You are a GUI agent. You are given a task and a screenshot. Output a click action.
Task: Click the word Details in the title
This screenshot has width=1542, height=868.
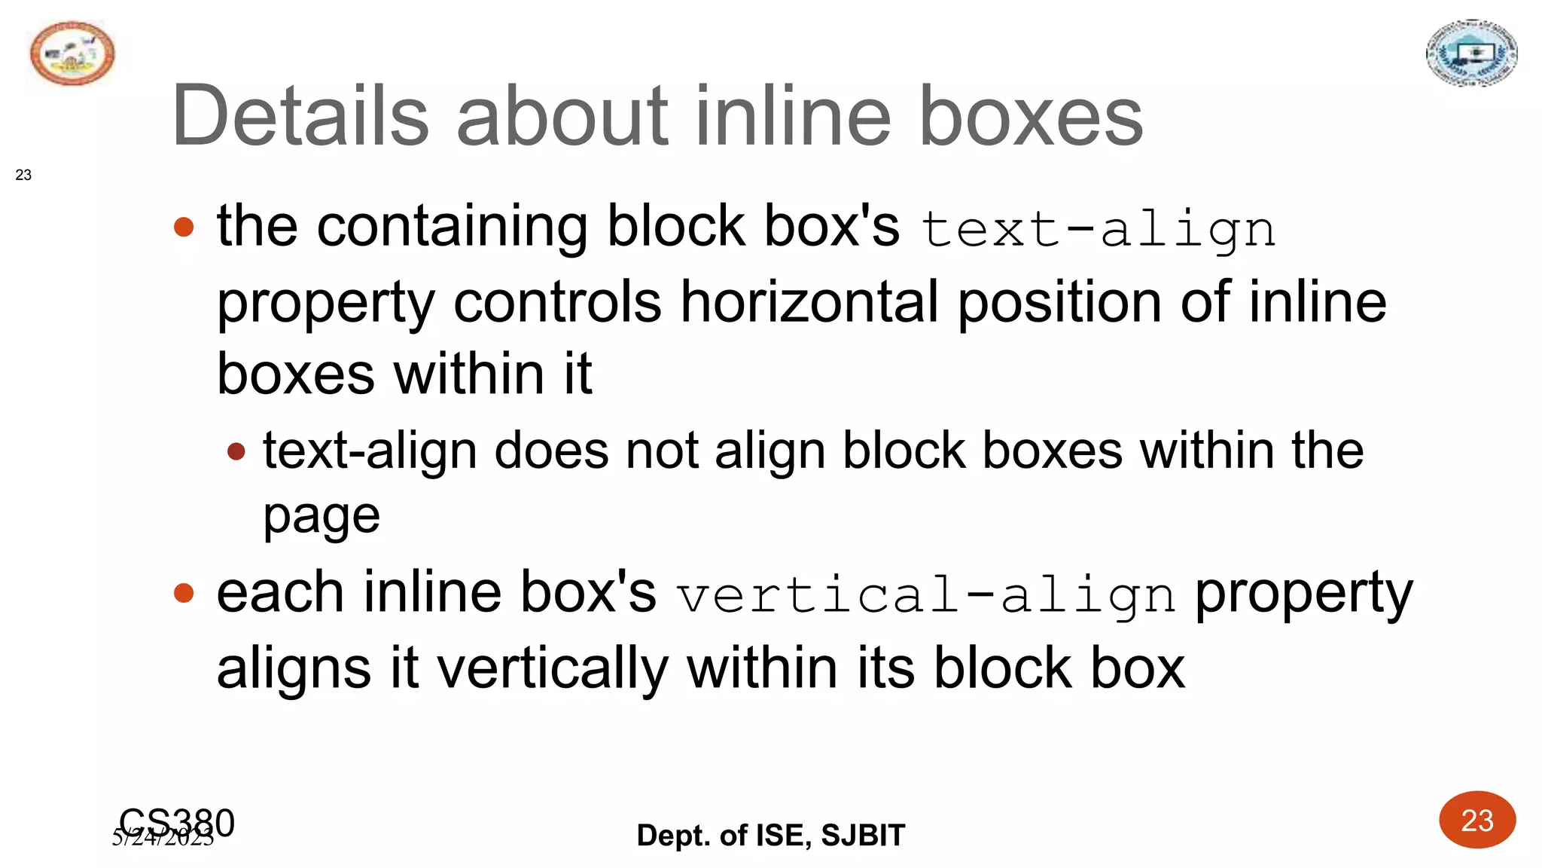pos(300,116)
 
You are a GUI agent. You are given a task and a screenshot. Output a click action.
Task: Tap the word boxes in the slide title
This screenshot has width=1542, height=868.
pos(1030,116)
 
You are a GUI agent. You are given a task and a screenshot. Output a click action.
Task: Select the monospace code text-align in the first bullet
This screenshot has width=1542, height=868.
pos(1098,229)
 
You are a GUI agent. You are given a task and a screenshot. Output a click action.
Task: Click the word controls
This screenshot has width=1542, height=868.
pos(557,301)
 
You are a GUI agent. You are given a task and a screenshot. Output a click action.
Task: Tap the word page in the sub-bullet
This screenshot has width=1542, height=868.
pos(322,517)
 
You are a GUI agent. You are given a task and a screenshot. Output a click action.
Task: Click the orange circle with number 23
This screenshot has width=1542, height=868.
pos(1476,820)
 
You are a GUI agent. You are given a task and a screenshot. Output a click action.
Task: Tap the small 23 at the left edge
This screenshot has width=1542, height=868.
pos(23,175)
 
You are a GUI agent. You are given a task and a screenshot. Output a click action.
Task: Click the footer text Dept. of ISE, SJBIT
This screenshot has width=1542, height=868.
pos(770,835)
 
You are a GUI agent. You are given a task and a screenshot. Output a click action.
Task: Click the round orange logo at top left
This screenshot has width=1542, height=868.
pos(72,53)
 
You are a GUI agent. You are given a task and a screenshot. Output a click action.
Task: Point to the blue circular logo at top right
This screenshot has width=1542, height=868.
pos(1471,53)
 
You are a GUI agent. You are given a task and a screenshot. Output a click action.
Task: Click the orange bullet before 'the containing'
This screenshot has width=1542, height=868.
pos(184,226)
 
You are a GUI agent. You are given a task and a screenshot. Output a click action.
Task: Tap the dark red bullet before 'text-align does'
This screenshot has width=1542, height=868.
pos(236,451)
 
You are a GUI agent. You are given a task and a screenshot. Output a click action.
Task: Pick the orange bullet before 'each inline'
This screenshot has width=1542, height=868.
pos(184,593)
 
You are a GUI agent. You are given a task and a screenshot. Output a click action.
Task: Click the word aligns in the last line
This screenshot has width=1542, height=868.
pos(294,668)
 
